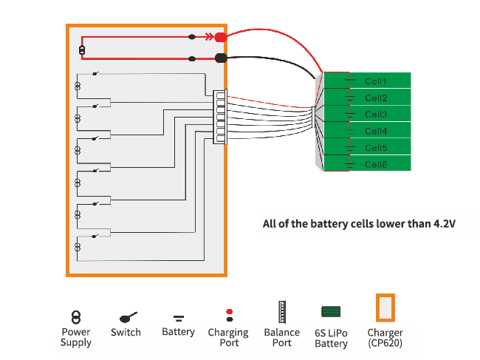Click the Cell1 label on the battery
click(376, 81)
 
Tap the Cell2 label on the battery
click(376, 98)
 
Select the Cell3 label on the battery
click(376, 115)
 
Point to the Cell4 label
click(376, 132)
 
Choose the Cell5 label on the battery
click(376, 148)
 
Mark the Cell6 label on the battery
click(376, 165)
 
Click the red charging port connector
click(219, 36)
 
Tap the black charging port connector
click(219, 58)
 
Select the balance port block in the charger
click(219, 117)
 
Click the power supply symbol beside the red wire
click(82, 51)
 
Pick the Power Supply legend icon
click(75, 316)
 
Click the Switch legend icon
click(126, 317)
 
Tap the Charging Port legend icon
click(229, 316)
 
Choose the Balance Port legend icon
click(281, 313)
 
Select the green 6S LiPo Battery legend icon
click(331, 312)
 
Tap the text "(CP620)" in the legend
click(385, 343)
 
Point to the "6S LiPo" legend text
click(331, 333)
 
